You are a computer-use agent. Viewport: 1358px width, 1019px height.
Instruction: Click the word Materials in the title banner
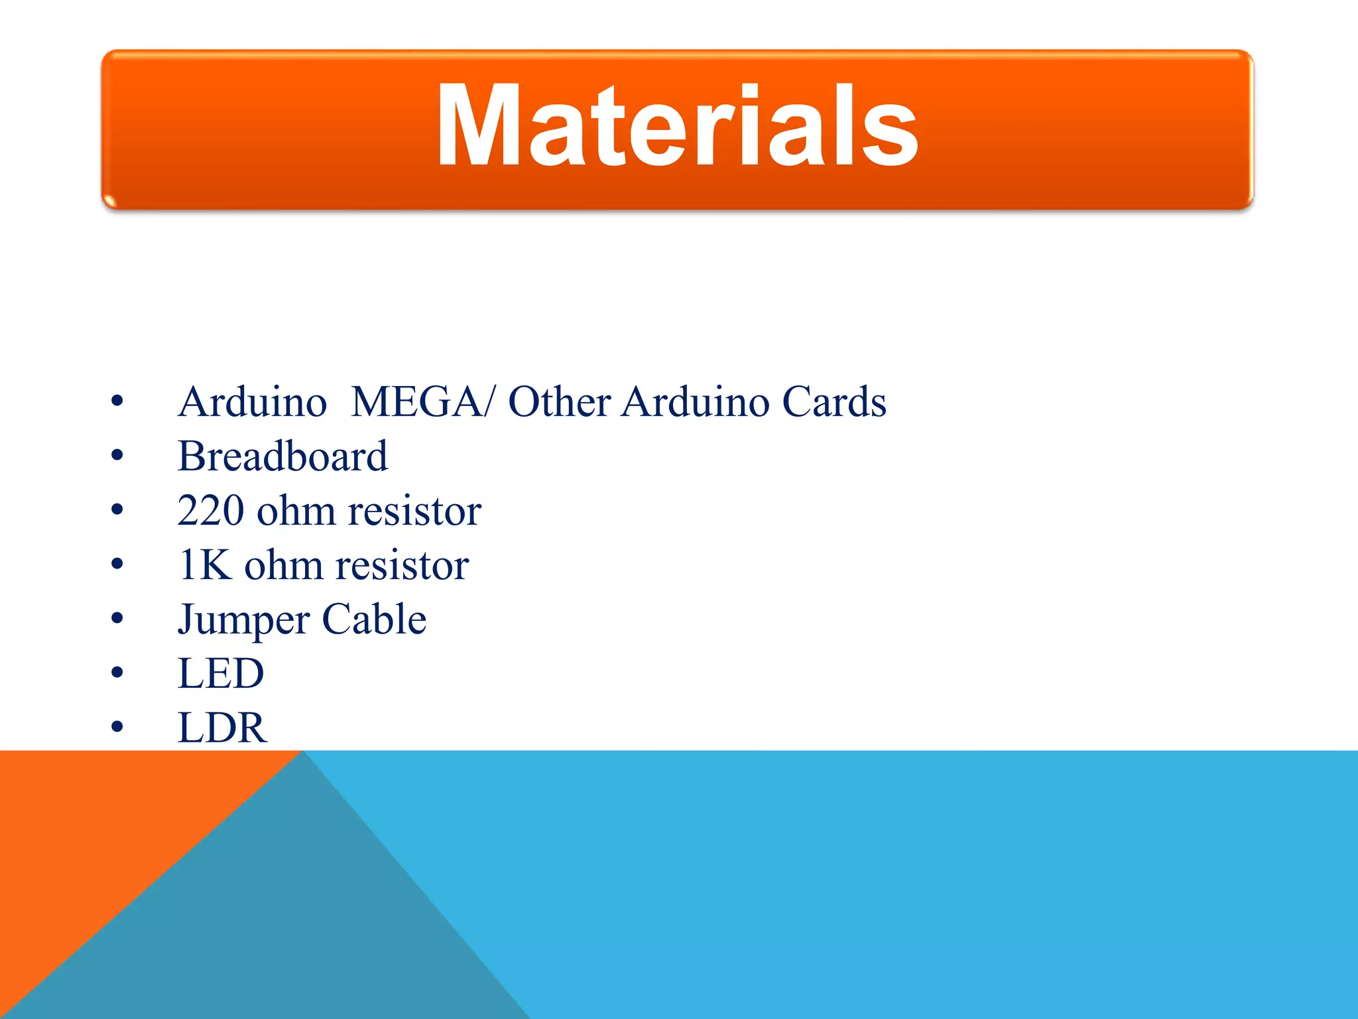[677, 126]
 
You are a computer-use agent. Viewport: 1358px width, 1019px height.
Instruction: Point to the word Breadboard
[282, 456]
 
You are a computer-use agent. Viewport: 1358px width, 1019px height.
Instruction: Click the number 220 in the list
[210, 511]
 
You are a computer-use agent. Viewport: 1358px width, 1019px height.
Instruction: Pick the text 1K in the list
[205, 565]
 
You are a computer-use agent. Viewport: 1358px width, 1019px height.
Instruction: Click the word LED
[221, 674]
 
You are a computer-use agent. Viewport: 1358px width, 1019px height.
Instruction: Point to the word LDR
[222, 728]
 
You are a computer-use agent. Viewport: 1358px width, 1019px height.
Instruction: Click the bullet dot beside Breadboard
[117, 456]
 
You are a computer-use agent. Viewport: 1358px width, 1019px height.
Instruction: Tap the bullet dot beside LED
[117, 673]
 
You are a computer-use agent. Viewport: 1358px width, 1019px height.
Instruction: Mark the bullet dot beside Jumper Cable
[117, 619]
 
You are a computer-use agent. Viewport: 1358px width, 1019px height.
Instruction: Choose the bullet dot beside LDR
[117, 728]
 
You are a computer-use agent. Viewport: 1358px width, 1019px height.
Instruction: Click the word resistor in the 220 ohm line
[414, 511]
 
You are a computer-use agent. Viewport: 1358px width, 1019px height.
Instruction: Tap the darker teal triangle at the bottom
[298, 929]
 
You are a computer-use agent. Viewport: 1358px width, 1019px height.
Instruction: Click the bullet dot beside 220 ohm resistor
[117, 510]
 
